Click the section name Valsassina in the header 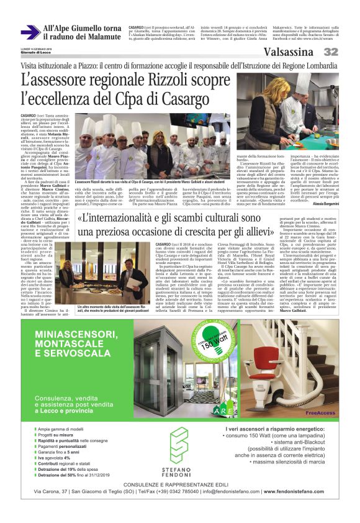(x=289, y=52)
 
